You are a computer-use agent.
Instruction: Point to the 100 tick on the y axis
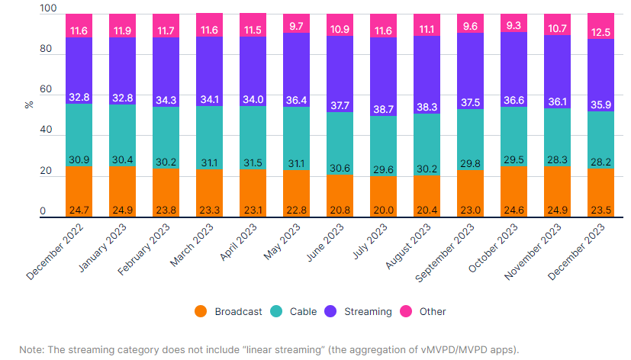pos(48,8)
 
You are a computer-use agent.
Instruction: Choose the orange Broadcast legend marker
pos(201,311)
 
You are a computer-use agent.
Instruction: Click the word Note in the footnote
pos(32,349)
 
